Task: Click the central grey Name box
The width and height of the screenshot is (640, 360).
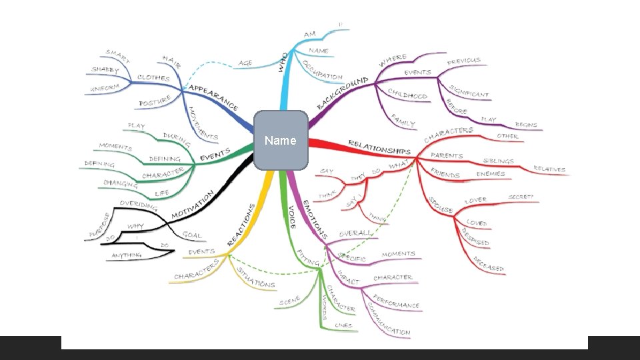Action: (x=281, y=140)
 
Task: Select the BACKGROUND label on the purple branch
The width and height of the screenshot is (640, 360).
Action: (x=342, y=93)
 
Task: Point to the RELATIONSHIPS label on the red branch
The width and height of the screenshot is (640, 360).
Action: (x=379, y=147)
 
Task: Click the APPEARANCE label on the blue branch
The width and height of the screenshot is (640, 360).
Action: (x=213, y=97)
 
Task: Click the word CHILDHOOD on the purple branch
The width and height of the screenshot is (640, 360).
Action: (x=407, y=94)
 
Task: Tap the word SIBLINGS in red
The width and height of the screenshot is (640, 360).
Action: (x=498, y=161)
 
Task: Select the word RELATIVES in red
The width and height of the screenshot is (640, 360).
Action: (x=549, y=169)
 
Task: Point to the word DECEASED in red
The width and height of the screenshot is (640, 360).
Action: (x=488, y=264)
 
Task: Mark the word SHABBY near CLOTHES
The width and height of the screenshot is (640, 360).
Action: (x=105, y=70)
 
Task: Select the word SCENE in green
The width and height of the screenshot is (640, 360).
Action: (x=290, y=302)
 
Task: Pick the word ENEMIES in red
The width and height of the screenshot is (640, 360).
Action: (x=491, y=174)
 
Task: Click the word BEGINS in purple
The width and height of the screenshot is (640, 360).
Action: (x=526, y=125)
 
